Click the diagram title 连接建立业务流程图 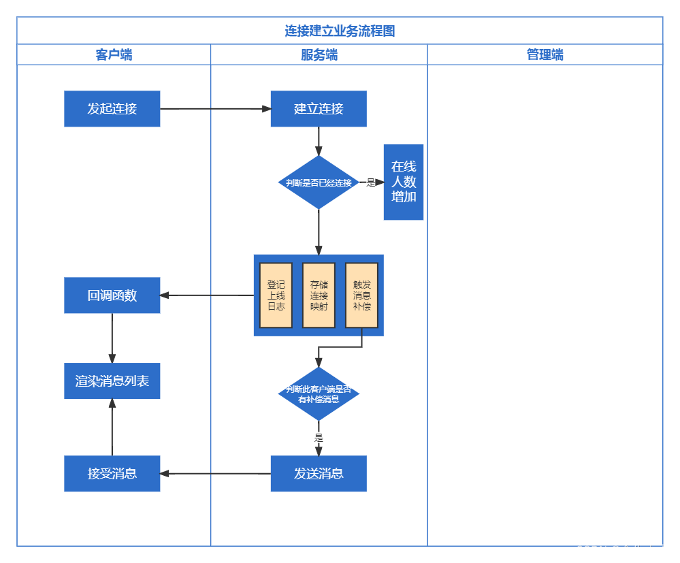[x=340, y=31]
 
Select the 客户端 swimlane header [x=114, y=54]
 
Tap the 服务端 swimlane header [x=319, y=54]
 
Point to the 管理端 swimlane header [x=545, y=54]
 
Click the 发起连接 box [x=112, y=109]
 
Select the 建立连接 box [x=318, y=109]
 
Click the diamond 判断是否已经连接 [x=318, y=182]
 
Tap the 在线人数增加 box [x=403, y=182]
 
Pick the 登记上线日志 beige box [x=276, y=295]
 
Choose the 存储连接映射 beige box [x=319, y=295]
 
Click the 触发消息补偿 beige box [x=361, y=295]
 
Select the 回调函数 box [x=112, y=295]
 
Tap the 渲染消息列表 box [x=112, y=381]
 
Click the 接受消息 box [x=112, y=474]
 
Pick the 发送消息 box [x=318, y=474]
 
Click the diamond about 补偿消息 [x=318, y=393]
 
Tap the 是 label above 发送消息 [x=318, y=437]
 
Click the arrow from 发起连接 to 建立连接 [x=214, y=109]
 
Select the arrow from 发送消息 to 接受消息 [x=214, y=474]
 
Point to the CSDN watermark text [x=622, y=550]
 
